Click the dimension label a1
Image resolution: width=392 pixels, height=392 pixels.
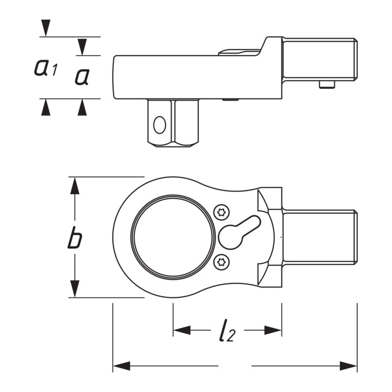tap(46, 68)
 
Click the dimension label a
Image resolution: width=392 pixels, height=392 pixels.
tap(82, 77)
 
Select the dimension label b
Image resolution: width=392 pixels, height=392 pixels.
tap(75, 237)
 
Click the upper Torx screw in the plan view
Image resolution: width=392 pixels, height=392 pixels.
tap(222, 212)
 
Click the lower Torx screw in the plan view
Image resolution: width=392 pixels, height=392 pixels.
tap(222, 262)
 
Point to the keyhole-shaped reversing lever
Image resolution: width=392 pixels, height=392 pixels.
tap(239, 232)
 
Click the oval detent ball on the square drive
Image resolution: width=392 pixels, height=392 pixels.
tap(160, 125)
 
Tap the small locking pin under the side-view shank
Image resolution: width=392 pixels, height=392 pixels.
tap(327, 84)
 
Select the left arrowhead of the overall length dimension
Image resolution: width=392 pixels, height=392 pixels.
tap(121, 366)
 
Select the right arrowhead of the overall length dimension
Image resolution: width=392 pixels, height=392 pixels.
tap(348, 366)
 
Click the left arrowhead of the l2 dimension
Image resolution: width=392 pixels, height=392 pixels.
tap(182, 330)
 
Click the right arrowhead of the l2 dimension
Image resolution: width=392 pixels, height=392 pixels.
tap(273, 330)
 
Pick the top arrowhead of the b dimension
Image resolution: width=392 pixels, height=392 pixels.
tap(75, 186)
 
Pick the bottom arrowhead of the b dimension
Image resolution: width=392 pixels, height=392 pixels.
tap(75, 289)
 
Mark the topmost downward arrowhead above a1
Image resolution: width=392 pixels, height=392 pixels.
tap(46, 28)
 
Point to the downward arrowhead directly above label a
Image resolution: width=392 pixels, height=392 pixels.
tap(82, 47)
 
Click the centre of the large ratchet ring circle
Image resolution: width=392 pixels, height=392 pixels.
tap(173, 237)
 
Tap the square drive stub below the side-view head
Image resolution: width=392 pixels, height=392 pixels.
tap(173, 123)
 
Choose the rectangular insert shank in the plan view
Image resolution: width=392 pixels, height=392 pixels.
tap(320, 237)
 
